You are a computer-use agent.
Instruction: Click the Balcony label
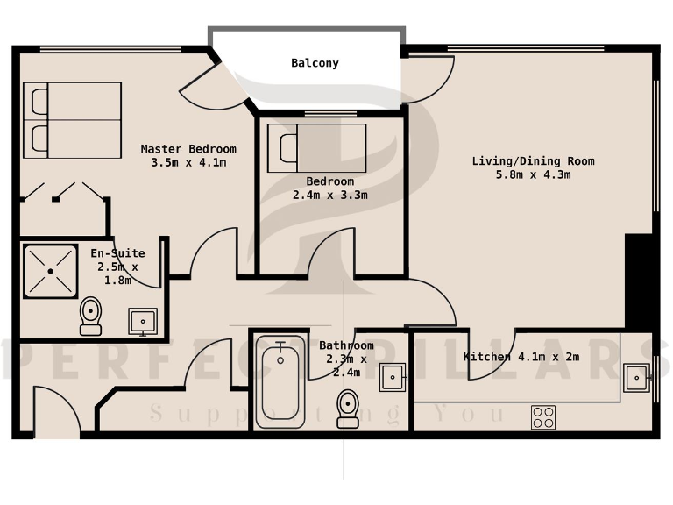315,63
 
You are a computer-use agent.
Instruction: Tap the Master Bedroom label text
188,149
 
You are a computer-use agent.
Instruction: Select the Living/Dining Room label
533,161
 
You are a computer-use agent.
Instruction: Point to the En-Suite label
117,253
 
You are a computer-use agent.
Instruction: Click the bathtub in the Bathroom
280,381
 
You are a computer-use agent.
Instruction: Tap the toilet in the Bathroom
348,408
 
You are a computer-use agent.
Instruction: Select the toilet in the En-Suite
90,315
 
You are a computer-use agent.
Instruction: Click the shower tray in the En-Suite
50,270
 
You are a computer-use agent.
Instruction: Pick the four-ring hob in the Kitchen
542,417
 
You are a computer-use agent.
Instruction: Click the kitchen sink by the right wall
636,378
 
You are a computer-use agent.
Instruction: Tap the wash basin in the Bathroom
392,378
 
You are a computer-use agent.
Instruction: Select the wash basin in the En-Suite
142,321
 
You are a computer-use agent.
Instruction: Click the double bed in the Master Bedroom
72,120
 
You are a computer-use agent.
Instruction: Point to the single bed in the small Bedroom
316,147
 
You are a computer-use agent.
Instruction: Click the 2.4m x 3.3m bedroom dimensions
329,196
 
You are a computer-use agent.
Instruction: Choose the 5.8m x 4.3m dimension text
533,174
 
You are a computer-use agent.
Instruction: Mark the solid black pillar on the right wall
637,281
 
